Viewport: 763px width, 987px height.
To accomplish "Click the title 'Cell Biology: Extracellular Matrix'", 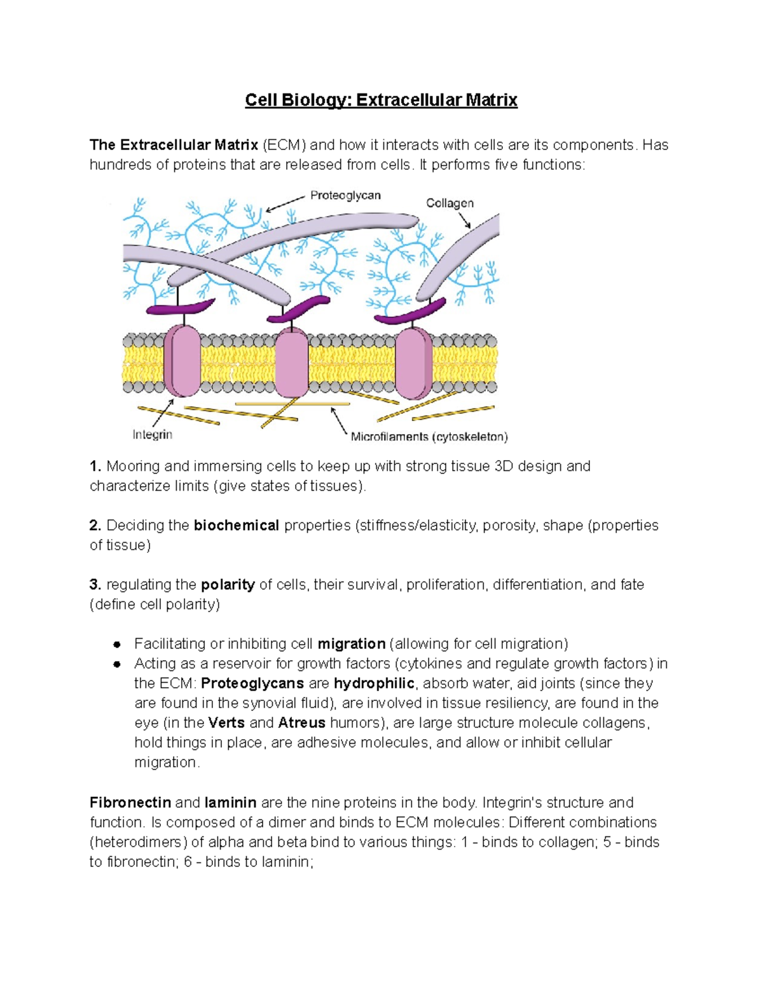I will pos(381,100).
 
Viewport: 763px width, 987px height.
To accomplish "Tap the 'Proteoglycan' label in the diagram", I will pos(345,196).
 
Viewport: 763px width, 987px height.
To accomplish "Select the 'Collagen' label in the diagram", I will pos(450,203).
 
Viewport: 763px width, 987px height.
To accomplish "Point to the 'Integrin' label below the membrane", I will pos(152,435).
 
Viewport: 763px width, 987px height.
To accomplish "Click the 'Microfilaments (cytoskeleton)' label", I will pos(429,437).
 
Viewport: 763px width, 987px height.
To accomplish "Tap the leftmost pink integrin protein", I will pos(182,360).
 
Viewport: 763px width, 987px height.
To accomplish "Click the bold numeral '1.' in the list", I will pos(95,466).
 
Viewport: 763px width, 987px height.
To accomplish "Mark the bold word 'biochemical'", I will pos(237,526).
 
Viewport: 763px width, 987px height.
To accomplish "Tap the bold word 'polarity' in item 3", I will pos(228,585).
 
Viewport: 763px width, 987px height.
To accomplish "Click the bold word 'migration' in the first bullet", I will pos(351,644).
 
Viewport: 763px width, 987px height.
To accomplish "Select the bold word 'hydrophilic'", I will pos(374,683).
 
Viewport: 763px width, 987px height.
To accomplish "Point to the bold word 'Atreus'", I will pos(302,723).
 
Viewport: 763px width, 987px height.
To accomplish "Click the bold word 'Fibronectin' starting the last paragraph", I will pos(130,803).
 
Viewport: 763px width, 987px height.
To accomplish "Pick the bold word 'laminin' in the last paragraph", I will pos(230,803).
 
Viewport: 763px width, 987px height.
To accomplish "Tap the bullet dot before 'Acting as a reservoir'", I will pos(117,664).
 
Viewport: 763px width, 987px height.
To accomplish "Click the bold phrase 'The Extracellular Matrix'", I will pos(174,145).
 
